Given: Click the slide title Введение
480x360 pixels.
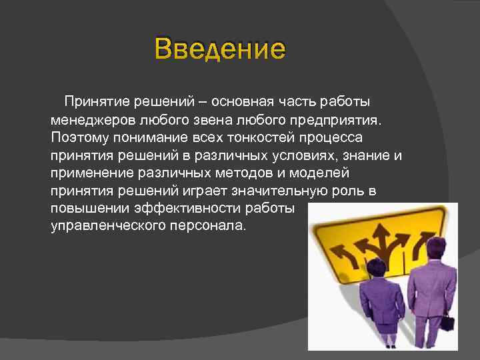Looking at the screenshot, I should [x=219, y=49].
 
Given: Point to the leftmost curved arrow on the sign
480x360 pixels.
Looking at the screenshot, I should [x=346, y=251].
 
